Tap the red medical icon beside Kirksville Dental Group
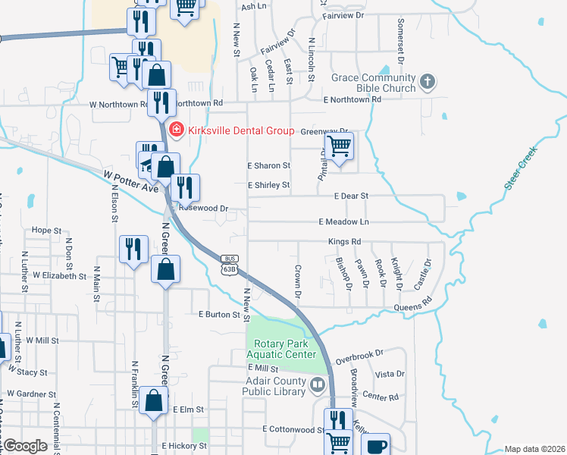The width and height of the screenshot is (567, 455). coord(176,130)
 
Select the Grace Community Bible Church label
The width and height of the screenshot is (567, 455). coord(373,83)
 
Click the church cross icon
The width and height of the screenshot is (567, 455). coord(428,82)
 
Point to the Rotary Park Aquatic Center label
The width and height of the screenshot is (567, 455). coord(280,349)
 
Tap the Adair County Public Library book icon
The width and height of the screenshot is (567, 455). coord(318,387)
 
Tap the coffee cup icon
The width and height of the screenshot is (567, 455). coord(375,445)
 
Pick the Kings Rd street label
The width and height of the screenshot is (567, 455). coord(344,242)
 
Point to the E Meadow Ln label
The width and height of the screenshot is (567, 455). coord(343,221)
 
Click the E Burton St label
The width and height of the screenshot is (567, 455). coord(218,314)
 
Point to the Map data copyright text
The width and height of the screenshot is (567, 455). coord(534,449)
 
